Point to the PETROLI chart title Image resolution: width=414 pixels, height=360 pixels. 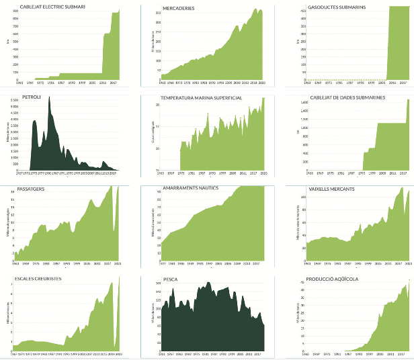click(32, 97)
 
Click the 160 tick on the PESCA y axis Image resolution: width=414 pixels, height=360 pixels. click(159, 283)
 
